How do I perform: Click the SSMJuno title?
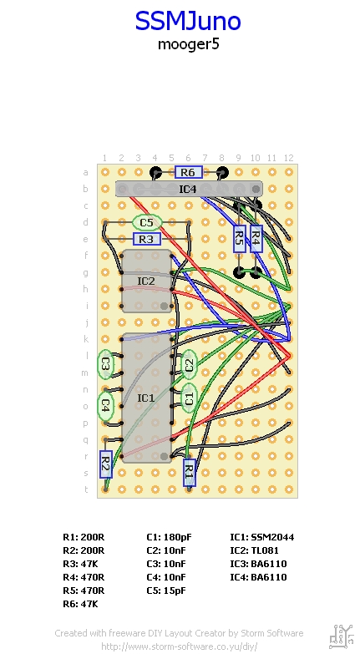tap(188, 21)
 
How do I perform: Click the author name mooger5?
tap(188, 44)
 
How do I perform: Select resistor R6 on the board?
tap(189, 172)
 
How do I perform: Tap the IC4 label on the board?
tap(188, 189)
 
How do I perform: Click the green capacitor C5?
tap(146, 222)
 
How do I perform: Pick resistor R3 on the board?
tap(146, 239)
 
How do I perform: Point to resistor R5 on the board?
tap(239, 239)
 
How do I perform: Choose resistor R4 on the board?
tap(256, 239)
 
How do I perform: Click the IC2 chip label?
tap(145, 281)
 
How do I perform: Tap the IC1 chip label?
tap(145, 398)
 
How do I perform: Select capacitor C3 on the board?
tap(105, 364)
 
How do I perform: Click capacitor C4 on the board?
tap(105, 406)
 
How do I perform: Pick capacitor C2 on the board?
tap(189, 364)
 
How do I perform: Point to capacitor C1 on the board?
tap(189, 398)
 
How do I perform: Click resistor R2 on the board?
tap(105, 464)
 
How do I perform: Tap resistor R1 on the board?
tap(190, 473)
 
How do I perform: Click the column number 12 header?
tap(289, 158)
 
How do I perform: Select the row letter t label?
tap(86, 489)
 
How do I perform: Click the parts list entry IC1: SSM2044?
tap(262, 537)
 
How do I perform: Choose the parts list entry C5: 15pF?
tap(166, 591)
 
